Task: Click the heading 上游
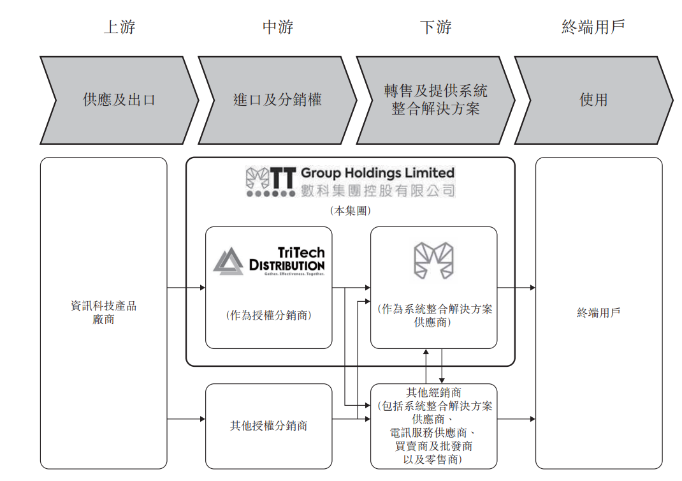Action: click(119, 27)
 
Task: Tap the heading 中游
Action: click(278, 27)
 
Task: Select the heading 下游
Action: click(436, 27)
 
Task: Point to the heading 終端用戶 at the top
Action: click(593, 27)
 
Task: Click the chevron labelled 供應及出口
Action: click(119, 100)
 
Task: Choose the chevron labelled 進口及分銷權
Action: click(277, 100)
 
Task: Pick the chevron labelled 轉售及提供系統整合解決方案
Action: click(436, 100)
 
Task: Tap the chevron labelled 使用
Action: click(593, 100)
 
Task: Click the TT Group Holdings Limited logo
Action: click(350, 182)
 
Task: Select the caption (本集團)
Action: click(350, 211)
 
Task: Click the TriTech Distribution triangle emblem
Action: click(228, 260)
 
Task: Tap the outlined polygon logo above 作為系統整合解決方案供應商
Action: click(433, 260)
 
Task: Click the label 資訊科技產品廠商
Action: click(103, 313)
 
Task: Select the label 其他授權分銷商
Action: click(268, 426)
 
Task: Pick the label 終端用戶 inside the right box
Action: click(599, 313)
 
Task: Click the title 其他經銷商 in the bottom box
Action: click(433, 392)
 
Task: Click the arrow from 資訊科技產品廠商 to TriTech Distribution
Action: click(186, 288)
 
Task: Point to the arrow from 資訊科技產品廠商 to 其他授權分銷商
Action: click(186, 419)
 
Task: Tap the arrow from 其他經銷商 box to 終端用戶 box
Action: click(516, 419)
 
